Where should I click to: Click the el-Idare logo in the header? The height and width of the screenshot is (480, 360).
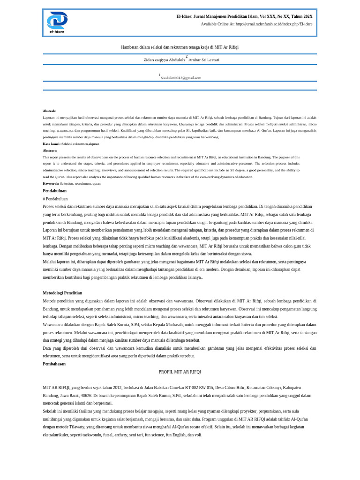[57, 22]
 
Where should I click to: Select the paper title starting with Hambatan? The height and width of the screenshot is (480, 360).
[180, 47]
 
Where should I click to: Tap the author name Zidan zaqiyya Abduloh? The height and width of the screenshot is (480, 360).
[164, 60]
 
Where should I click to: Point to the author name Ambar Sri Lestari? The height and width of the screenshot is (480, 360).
[204, 60]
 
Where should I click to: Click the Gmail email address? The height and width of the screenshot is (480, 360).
[181, 78]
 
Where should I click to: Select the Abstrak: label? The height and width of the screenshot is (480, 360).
[49, 111]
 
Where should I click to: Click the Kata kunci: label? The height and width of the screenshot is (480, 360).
[52, 144]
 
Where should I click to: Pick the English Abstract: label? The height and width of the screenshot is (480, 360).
[50, 150]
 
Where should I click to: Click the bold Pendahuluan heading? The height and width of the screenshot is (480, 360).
[55, 191]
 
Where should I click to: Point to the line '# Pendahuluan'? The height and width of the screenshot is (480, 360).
[55, 199]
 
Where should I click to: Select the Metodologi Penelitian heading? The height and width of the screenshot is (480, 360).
[63, 293]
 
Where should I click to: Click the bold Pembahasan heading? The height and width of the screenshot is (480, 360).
[54, 364]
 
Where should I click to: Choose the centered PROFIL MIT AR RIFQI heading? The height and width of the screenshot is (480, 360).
[180, 372]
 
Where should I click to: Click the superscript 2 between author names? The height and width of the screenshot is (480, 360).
[187, 57]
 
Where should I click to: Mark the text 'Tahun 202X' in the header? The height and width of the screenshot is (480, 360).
[303, 16]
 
